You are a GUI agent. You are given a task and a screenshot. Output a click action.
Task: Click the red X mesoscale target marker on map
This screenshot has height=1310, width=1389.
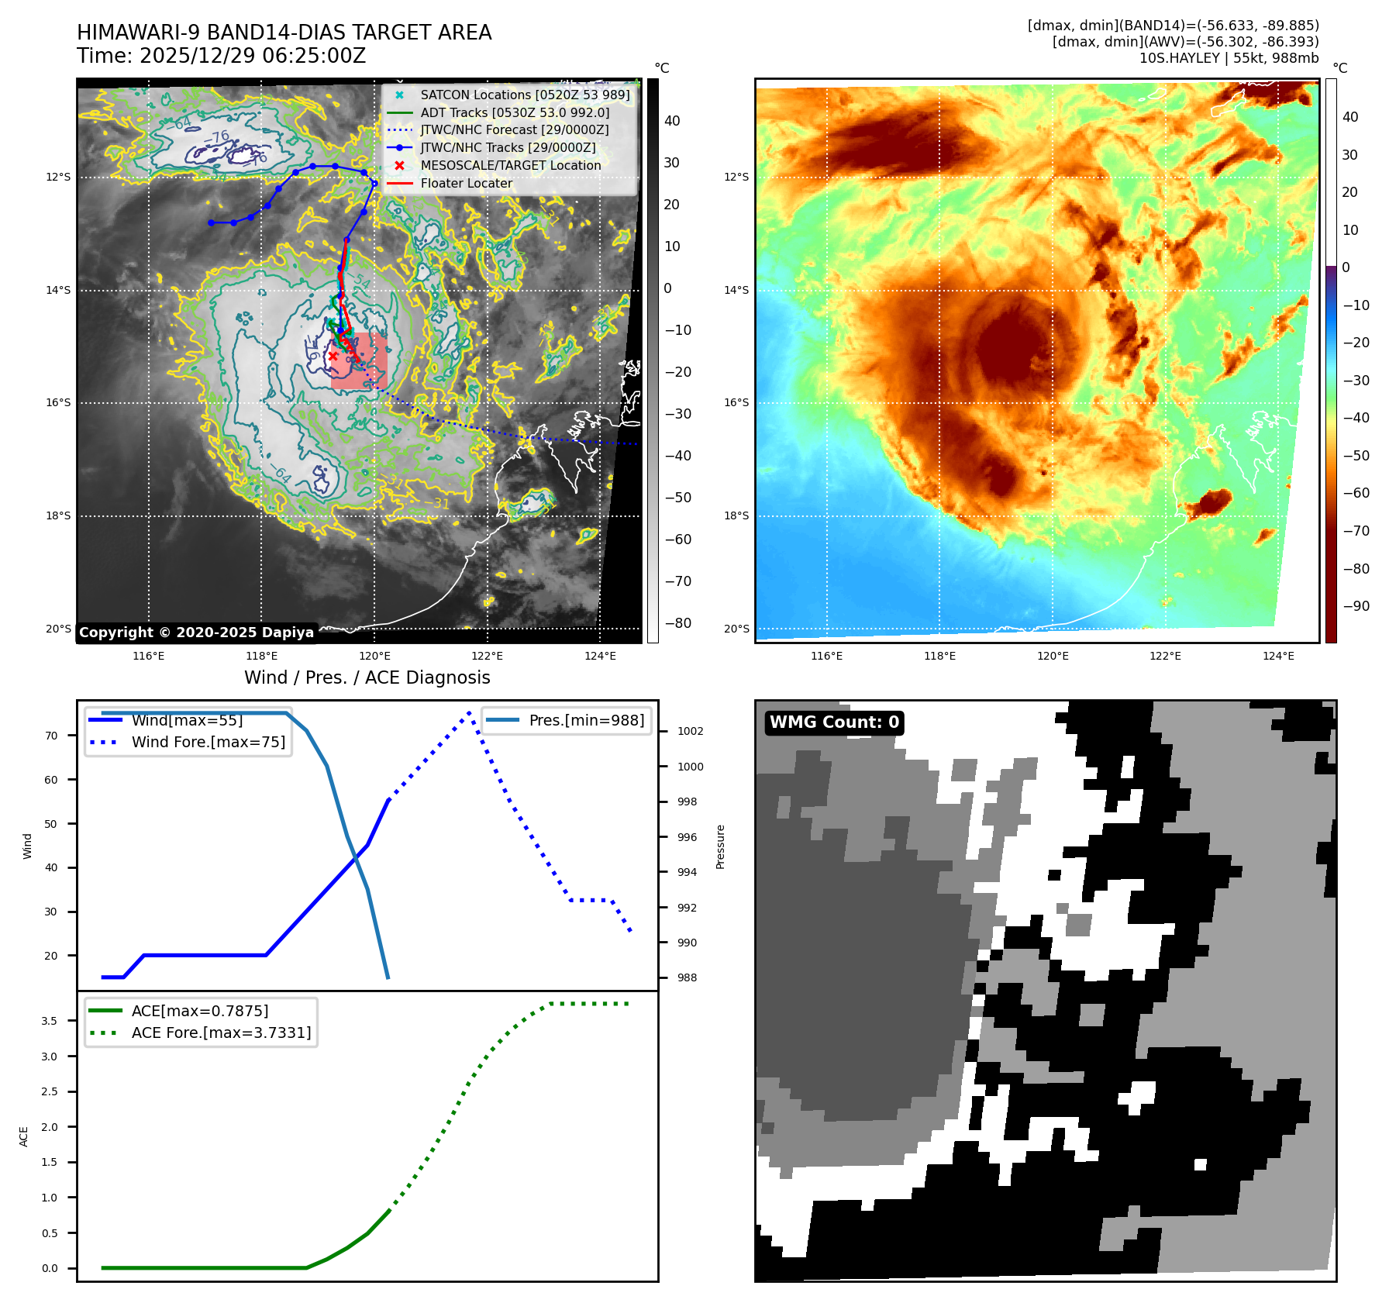(x=333, y=356)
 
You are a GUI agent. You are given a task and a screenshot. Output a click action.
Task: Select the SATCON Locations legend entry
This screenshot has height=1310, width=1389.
(x=525, y=95)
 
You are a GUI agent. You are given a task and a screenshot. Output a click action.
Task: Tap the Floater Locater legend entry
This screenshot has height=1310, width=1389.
(x=466, y=183)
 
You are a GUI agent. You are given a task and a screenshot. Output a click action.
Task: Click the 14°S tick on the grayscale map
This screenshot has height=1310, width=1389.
(x=58, y=290)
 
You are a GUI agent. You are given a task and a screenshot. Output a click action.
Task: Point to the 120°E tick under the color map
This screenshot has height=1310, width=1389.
(x=1053, y=656)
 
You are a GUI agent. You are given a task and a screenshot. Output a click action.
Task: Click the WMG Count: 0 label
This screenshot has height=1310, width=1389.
(x=834, y=722)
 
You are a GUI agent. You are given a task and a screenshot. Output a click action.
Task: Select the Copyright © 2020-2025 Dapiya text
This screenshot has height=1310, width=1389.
(x=196, y=633)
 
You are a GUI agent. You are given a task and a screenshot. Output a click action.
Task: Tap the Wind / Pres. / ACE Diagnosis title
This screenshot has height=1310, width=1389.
(x=367, y=677)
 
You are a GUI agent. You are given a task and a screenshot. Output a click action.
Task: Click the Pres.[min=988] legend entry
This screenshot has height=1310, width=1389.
(x=586, y=720)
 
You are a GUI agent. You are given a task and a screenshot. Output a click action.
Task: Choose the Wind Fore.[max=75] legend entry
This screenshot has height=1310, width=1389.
(x=208, y=742)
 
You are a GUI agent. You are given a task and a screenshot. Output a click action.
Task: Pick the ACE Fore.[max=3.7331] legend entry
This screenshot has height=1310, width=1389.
(x=221, y=1032)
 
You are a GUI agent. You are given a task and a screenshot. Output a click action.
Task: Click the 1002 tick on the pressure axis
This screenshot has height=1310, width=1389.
(x=691, y=731)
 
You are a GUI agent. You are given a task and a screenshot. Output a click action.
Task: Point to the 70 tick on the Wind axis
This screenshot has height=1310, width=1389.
(x=51, y=736)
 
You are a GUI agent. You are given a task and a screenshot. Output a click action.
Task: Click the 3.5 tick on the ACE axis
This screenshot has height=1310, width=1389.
(x=50, y=1021)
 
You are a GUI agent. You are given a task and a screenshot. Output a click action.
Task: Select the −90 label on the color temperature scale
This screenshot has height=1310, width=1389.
(x=1356, y=606)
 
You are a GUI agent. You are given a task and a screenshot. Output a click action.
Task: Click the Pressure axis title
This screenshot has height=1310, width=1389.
(x=721, y=846)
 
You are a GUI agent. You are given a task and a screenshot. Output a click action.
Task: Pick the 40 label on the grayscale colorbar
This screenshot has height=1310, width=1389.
(x=672, y=121)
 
